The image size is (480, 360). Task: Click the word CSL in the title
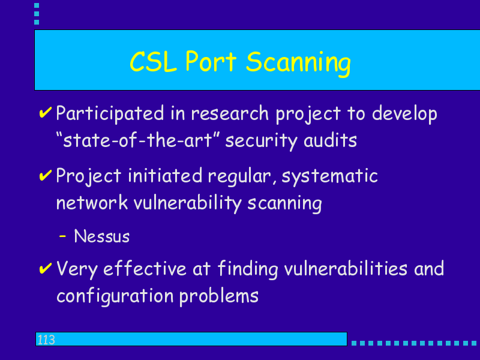pyautogui.click(x=153, y=62)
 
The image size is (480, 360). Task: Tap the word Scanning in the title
pyautogui.click(x=298, y=64)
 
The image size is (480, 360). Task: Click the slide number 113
pyautogui.click(x=46, y=340)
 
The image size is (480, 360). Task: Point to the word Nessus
pyautogui.click(x=102, y=236)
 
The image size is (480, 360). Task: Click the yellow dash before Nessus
pyautogui.click(x=62, y=236)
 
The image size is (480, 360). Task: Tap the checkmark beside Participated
pyautogui.click(x=46, y=112)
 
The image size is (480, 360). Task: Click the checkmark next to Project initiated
pyautogui.click(x=46, y=175)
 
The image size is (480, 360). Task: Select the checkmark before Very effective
pyautogui.click(x=46, y=268)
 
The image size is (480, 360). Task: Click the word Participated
pyautogui.click(x=110, y=114)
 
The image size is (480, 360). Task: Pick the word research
pyautogui.click(x=230, y=113)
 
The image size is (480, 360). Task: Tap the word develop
pyautogui.click(x=404, y=114)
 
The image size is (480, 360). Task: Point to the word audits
pyautogui.click(x=331, y=140)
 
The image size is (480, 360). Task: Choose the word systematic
pyautogui.click(x=329, y=177)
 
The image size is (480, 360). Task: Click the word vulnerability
pyautogui.click(x=188, y=203)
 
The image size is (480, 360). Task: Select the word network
pyautogui.click(x=92, y=203)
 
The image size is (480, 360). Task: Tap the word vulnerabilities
pyautogui.click(x=346, y=268)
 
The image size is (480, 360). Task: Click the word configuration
pyautogui.click(x=115, y=296)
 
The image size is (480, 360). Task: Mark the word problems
pyautogui.click(x=219, y=296)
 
